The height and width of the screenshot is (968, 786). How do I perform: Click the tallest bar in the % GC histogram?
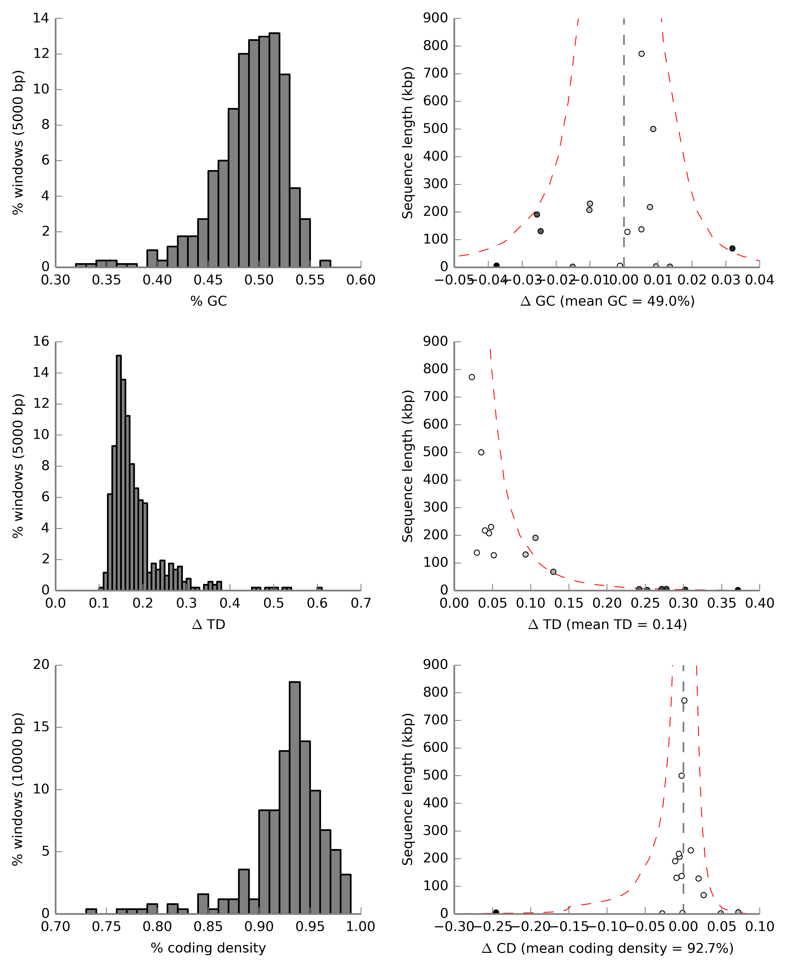pyautogui.click(x=274, y=149)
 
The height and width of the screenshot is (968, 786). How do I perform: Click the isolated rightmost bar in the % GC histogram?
pyautogui.click(x=325, y=264)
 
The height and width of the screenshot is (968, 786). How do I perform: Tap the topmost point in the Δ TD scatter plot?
pyautogui.click(x=472, y=377)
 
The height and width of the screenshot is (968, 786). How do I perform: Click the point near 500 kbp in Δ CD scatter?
pyautogui.click(x=681, y=776)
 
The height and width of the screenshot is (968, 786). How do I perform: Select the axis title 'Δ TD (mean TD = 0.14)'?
pyautogui.click(x=608, y=625)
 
